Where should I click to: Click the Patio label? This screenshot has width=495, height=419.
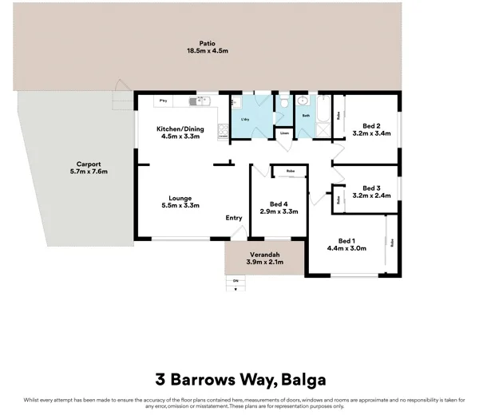pos(208,43)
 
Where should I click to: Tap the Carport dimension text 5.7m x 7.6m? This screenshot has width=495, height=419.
pos(88,172)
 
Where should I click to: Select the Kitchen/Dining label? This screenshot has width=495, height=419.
pos(180,128)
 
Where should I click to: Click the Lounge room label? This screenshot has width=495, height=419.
pos(180,197)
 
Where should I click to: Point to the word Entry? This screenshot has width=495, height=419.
pos(234,218)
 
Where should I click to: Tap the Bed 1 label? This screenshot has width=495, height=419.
pos(346,240)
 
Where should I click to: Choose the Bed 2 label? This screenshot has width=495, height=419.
pos(370,125)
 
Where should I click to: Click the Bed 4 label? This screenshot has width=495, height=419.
pos(279,204)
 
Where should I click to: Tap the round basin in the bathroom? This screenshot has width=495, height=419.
pos(303,101)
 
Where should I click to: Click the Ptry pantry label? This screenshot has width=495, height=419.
pos(163,101)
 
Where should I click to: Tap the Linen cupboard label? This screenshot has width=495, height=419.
pos(283,133)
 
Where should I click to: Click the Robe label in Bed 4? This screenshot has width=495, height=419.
pos(291,171)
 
